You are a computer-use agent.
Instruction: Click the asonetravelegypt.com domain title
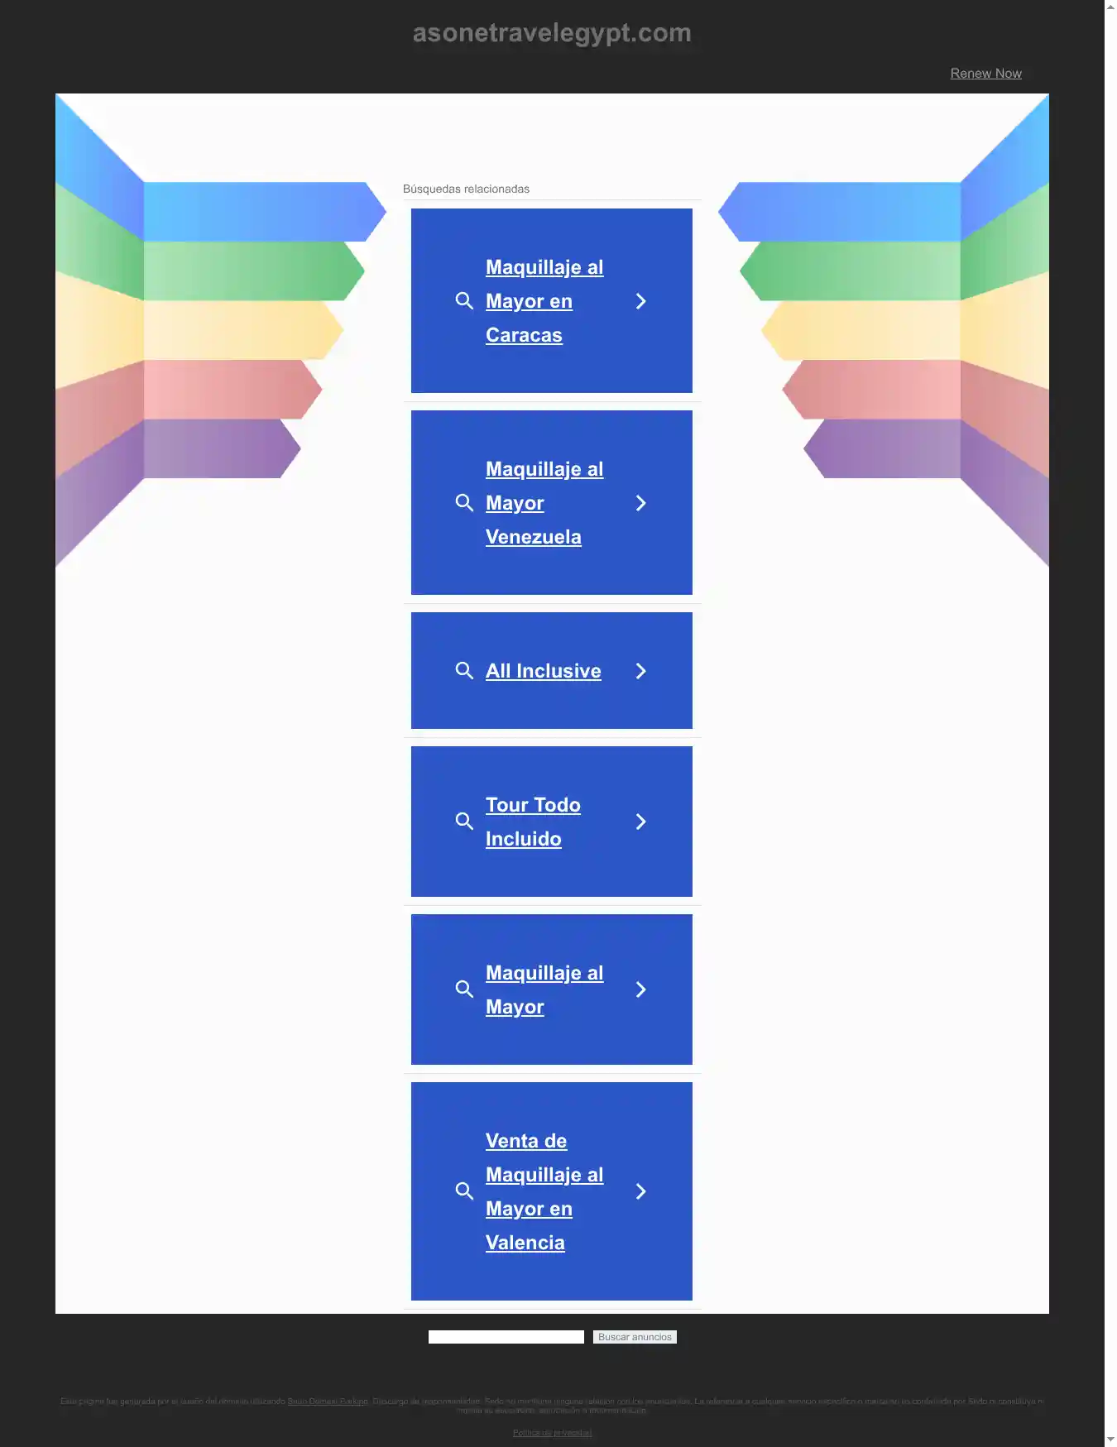pos(551,33)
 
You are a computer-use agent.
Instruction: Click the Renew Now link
pos(985,74)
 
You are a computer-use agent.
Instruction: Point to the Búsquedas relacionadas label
pos(466,189)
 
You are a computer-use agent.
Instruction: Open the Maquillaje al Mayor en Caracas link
pos(544,301)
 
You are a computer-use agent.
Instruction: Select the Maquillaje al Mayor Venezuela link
pos(544,503)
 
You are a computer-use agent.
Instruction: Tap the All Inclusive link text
pos(543,671)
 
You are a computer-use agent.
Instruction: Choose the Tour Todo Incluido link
pos(533,822)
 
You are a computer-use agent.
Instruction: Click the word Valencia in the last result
pos(525,1243)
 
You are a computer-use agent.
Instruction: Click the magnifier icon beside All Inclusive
pos(464,671)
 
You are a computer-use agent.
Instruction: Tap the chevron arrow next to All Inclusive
pos(640,671)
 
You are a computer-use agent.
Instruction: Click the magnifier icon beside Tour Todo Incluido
pos(464,822)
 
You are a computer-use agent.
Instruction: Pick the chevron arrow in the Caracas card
pos(640,301)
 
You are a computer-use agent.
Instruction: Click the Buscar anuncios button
pos(635,1337)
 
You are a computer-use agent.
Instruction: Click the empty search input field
pos(506,1337)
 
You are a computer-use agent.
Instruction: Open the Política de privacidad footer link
pos(552,1433)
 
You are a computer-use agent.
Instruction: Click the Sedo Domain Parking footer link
pos(328,1401)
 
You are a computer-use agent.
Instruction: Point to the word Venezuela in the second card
pos(533,537)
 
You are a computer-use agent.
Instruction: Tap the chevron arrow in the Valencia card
pos(640,1191)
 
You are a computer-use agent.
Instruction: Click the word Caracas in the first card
pos(524,335)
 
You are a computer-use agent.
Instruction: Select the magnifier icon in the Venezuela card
pos(464,503)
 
